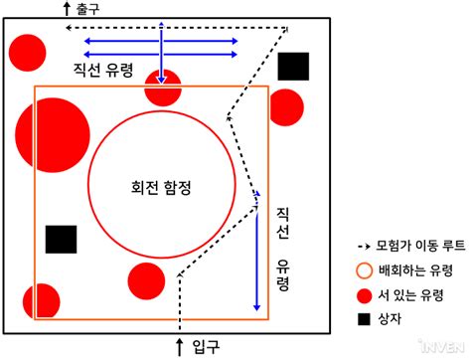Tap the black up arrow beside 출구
tap(68, 9)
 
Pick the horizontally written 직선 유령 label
tap(108, 71)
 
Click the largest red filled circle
tap(53, 135)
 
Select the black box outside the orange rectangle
tap(293, 67)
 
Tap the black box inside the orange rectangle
tap(61, 240)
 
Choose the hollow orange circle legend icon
tap(365, 270)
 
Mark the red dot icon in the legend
tap(365, 294)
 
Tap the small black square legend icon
tap(365, 318)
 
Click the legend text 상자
tap(392, 318)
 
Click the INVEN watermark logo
tap(442, 346)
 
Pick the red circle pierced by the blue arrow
tap(163, 87)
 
